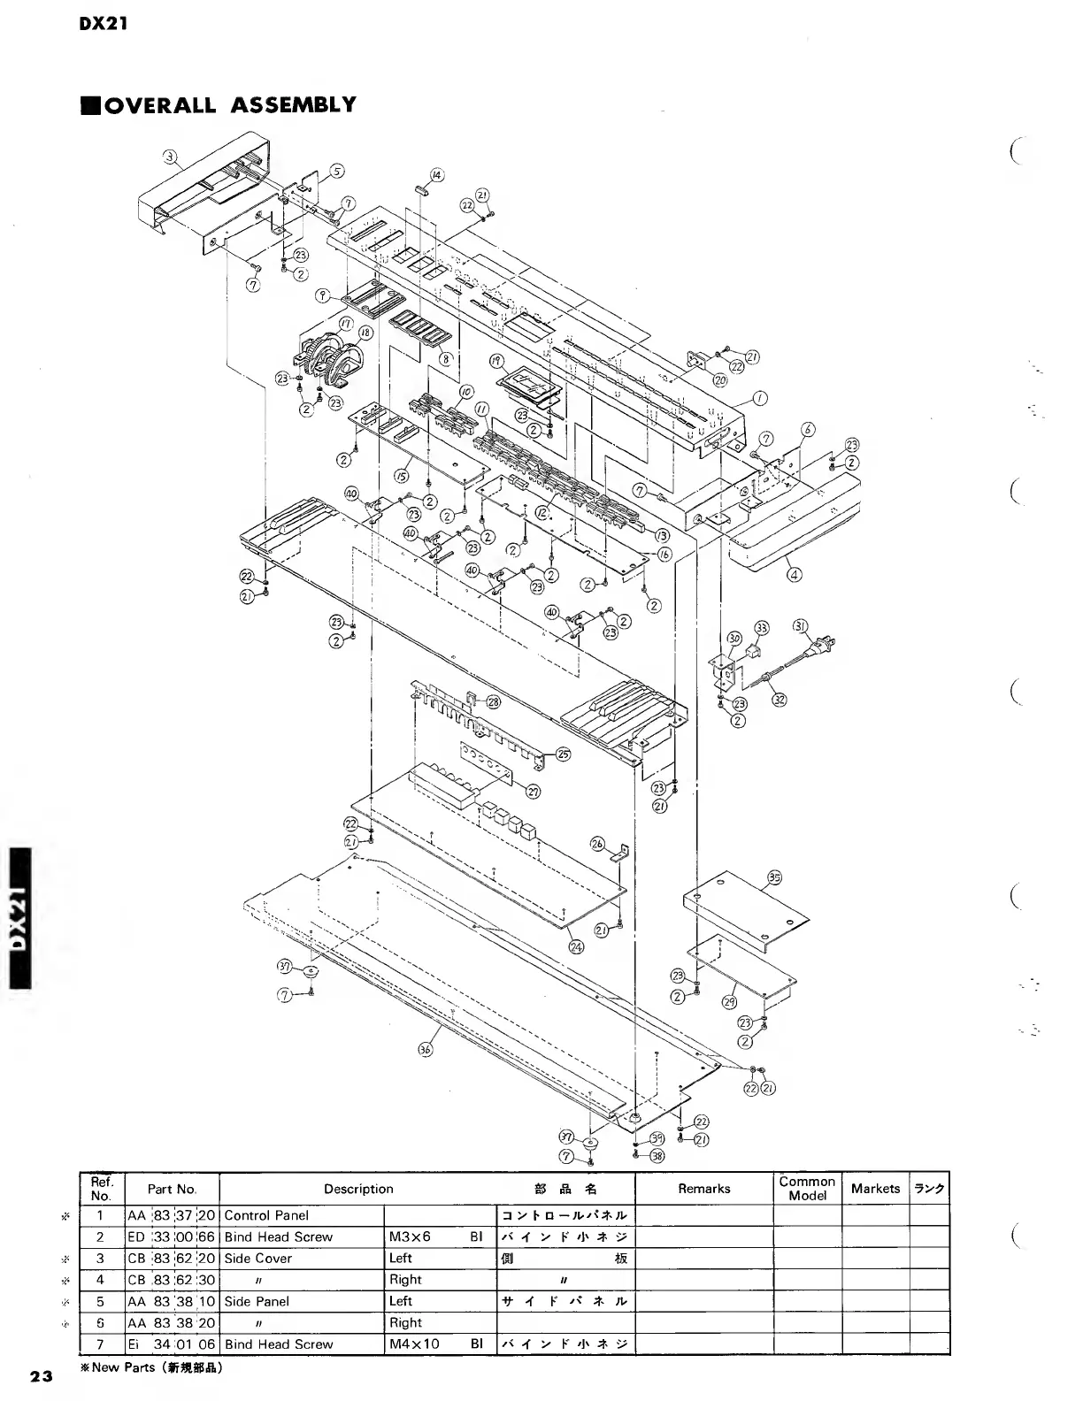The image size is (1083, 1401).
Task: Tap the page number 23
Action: pyautogui.click(x=40, y=1376)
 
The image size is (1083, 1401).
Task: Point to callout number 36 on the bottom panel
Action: pyautogui.click(x=426, y=1050)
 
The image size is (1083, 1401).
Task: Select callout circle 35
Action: pyautogui.click(x=774, y=878)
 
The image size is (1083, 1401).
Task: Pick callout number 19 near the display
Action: pyautogui.click(x=496, y=361)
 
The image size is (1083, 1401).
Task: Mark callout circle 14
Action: pyautogui.click(x=437, y=174)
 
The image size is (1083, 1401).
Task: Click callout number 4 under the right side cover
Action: pyautogui.click(x=795, y=575)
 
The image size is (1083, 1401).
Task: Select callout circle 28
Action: pyautogui.click(x=493, y=701)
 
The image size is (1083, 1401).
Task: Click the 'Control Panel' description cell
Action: pyautogui.click(x=267, y=1215)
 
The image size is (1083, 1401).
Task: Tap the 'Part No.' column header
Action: pyautogui.click(x=172, y=1189)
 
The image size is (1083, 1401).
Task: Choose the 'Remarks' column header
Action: pyautogui.click(x=704, y=1189)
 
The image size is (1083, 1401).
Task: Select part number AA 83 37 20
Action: pyautogui.click(x=172, y=1215)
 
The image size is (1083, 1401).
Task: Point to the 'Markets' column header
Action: pyautogui.click(x=875, y=1189)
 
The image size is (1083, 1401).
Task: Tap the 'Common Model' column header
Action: pyautogui.click(x=807, y=1189)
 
